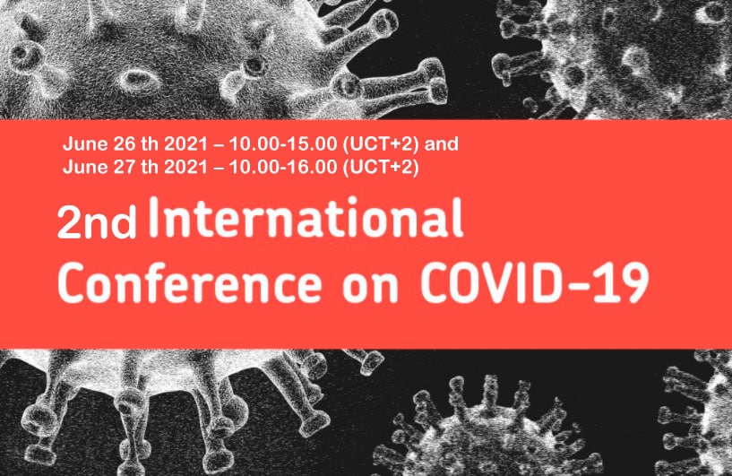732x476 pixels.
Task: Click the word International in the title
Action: [306, 218]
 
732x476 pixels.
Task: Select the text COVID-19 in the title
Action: [535, 282]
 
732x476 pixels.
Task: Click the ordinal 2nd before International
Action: [97, 223]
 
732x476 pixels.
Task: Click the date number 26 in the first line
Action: [125, 143]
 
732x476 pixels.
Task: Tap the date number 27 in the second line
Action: [125, 167]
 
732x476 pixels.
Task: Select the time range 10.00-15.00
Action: [282, 143]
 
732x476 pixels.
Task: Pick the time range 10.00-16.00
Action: [282, 167]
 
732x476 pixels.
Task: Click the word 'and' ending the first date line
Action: [441, 143]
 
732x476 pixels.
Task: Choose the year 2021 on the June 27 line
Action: [185, 167]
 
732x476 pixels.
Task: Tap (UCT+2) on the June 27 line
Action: [381, 168]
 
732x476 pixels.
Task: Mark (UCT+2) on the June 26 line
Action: [381, 144]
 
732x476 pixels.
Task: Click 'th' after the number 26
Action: [150, 143]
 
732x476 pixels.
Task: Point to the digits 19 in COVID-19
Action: [626, 282]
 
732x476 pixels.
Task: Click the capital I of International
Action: [152, 218]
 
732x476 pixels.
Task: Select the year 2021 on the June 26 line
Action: [185, 143]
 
